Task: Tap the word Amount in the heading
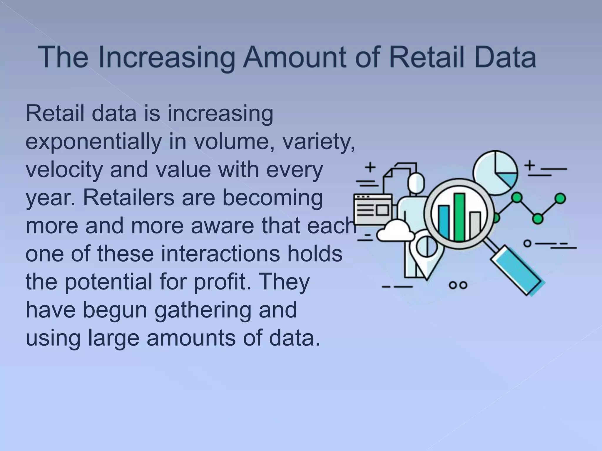tap(296, 57)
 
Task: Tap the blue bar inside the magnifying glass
tap(444, 222)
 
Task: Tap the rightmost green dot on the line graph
tap(561, 198)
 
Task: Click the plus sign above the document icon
tap(371, 168)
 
